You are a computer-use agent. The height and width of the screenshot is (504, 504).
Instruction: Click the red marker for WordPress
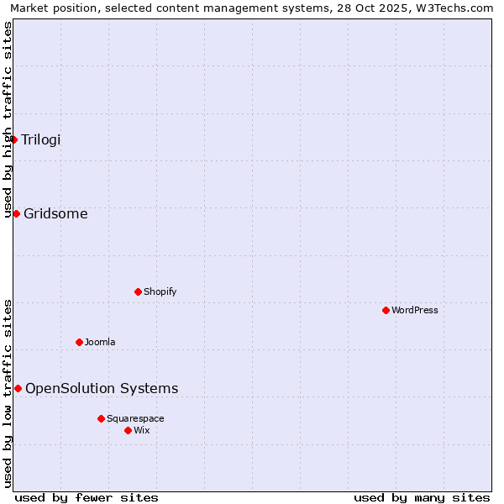tap(386, 310)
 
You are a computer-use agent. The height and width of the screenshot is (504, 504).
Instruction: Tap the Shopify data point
tap(138, 291)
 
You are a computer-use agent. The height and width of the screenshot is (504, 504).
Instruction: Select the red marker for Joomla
tap(79, 342)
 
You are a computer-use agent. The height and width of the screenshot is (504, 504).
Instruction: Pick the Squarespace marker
tap(101, 418)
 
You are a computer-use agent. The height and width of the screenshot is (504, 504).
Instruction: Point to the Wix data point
tap(128, 430)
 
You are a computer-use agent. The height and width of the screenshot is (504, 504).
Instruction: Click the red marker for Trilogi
tap(14, 139)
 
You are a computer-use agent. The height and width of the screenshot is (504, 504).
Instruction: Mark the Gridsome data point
tap(16, 213)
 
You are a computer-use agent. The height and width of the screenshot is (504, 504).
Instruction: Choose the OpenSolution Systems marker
tap(18, 388)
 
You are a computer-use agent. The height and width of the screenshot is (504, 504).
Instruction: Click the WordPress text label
tap(415, 310)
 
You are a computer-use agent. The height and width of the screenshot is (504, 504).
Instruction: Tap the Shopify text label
tap(160, 291)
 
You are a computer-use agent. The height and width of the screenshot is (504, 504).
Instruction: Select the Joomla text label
tap(100, 342)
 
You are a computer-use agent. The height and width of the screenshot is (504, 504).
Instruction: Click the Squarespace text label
tap(135, 418)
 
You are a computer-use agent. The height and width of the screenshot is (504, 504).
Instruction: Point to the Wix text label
tap(141, 430)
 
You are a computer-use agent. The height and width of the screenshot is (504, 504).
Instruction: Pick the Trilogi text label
tap(41, 139)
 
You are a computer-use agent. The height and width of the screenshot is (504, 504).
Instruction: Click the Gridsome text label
tap(55, 213)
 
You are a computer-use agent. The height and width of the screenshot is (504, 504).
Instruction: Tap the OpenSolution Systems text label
tap(102, 388)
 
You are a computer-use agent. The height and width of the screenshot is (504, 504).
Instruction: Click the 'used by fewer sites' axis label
tap(87, 497)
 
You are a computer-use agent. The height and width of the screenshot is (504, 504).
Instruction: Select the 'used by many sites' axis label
tap(422, 497)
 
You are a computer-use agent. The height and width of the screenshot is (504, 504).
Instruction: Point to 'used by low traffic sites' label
tap(8, 392)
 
